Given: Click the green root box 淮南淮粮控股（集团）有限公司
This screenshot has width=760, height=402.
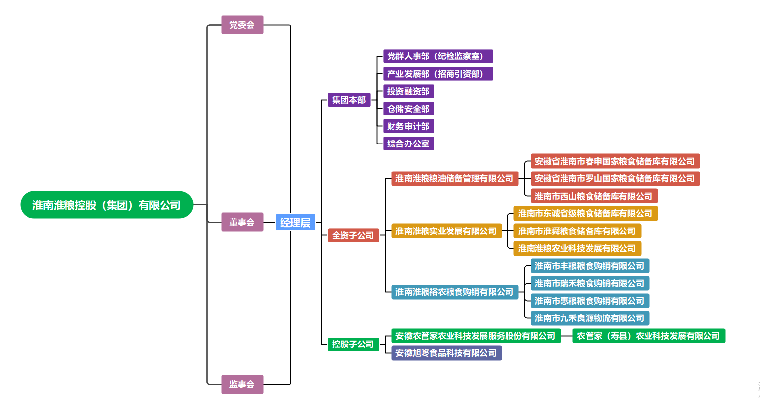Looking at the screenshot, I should pos(107,205).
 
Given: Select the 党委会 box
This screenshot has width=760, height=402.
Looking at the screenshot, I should pos(242,25).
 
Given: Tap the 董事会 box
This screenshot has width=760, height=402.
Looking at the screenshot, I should pos(242,222).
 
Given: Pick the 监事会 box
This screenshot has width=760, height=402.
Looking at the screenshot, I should pos(242,384).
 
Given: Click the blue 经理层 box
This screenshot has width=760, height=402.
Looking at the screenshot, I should pos(295,222).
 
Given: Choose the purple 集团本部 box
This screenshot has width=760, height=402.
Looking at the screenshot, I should pos(349,100).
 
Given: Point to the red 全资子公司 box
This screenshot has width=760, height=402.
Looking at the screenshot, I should pos(353,235).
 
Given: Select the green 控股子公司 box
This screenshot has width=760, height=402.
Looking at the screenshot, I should pos(353,344).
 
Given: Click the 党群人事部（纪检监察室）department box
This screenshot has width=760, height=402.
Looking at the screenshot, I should pos(438,56).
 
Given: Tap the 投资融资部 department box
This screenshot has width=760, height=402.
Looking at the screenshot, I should pos(408,91).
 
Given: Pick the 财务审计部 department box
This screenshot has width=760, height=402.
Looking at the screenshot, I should pos(408,126).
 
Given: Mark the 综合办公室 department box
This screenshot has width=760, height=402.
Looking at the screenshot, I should pos(408,144).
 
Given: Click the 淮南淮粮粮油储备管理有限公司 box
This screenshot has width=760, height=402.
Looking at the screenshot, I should pos(454,178).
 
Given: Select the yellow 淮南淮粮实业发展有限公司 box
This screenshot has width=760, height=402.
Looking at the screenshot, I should pos(446,231).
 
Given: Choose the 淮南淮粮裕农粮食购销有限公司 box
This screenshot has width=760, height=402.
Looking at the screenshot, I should pos(454,292).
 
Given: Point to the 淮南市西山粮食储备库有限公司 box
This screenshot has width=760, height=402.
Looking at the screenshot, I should pos(594,196).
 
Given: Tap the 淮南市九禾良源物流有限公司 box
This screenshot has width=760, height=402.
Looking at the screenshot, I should pos(590,318).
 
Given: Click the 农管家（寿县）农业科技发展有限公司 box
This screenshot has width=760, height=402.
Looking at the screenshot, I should pos(648,336).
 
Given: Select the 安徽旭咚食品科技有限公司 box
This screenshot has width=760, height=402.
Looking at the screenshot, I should pos(446,353).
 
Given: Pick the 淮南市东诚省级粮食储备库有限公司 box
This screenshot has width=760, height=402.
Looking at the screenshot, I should pos(585,213).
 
